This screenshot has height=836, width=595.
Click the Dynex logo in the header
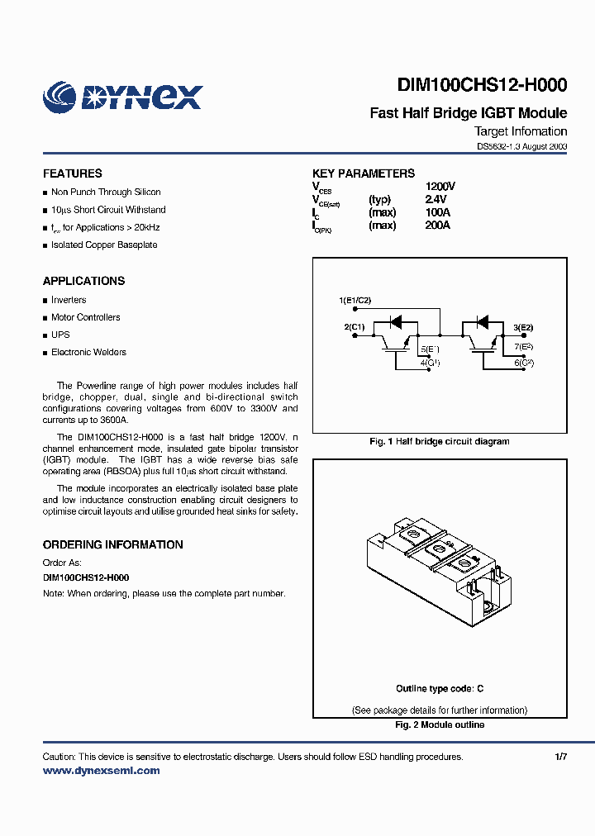click(122, 97)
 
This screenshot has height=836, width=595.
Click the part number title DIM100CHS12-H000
click(482, 85)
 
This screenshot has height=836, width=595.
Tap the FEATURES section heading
click(73, 173)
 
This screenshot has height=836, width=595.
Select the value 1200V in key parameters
click(440, 187)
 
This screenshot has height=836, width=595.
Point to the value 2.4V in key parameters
click(436, 199)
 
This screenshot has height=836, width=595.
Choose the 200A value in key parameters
click(437, 225)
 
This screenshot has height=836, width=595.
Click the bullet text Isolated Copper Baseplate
click(103, 245)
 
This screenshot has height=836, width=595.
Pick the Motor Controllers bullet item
click(85, 317)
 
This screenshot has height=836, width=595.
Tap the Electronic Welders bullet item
click(88, 352)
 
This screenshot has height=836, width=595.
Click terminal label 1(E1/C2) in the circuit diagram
click(355, 299)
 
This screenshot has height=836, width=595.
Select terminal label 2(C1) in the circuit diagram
click(355, 327)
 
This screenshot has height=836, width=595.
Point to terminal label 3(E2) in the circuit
click(523, 327)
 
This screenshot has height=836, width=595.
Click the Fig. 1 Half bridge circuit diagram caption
click(439, 441)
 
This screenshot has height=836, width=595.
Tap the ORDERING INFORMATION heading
click(113, 544)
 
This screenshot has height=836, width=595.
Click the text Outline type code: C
click(439, 689)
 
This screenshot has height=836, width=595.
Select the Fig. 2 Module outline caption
click(439, 724)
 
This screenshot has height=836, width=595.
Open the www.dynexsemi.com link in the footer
click(101, 770)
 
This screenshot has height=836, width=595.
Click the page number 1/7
click(560, 757)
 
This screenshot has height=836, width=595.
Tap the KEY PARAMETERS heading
click(364, 173)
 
